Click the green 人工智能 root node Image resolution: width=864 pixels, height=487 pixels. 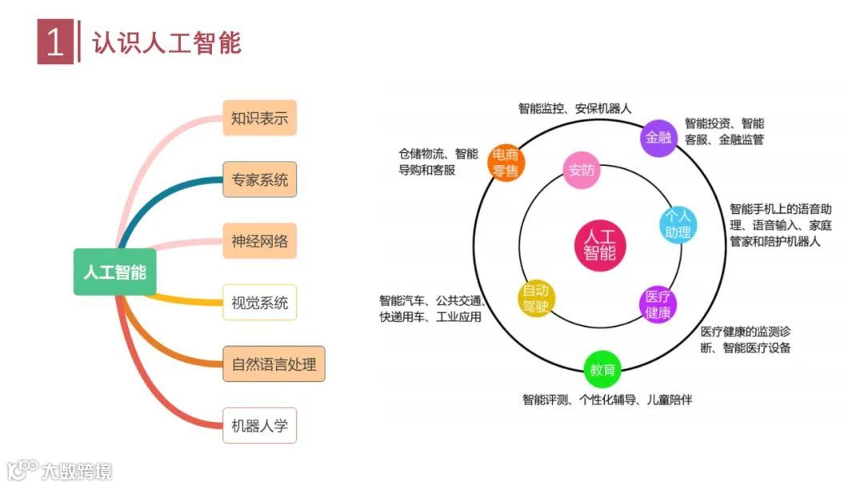click(115, 272)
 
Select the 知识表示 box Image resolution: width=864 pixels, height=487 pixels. click(259, 119)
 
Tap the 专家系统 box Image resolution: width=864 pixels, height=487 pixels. click(259, 179)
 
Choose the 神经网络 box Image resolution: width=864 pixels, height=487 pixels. click(259, 240)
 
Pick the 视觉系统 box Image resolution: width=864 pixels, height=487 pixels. click(259, 303)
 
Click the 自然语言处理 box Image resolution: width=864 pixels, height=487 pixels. click(274, 364)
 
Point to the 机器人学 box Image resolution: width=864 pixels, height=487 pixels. click(259, 425)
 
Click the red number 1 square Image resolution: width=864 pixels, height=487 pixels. click(54, 42)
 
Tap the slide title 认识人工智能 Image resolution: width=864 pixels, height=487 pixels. click(166, 42)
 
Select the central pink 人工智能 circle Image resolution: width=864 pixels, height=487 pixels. click(599, 244)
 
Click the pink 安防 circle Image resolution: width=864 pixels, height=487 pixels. click(582, 170)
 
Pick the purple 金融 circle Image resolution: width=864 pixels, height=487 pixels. click(658, 138)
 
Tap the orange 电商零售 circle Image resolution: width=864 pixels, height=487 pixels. click(506, 161)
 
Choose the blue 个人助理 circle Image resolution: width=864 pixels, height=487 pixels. click(678, 224)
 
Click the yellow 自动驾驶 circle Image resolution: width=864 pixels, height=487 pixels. click(535, 298)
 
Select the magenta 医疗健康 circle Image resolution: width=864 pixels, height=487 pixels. click(658, 304)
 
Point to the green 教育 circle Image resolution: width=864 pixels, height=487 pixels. click(602, 370)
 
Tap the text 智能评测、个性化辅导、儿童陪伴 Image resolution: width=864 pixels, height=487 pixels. click(606, 399)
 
